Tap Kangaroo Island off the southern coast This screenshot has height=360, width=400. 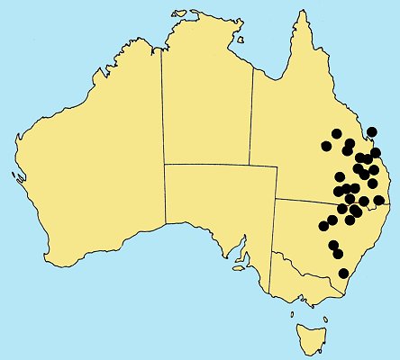240,266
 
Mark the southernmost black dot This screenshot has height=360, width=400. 343,274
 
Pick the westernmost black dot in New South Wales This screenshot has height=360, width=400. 323,225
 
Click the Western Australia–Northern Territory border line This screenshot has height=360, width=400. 161,108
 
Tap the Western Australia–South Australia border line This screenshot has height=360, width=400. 164,216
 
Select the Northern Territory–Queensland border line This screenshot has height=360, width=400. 251,117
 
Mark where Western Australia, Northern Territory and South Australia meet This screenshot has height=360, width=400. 163,165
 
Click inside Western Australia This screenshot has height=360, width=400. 90,162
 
